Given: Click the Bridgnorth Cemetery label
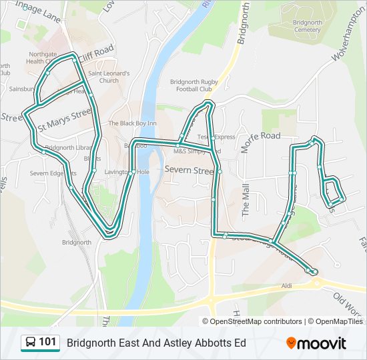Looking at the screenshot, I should tap(307, 25).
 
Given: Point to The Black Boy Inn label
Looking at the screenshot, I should tap(132, 123).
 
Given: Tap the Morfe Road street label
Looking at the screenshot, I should tap(261, 136).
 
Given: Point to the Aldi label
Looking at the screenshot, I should tap(287, 285).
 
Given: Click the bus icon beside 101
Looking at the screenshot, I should tap(30, 343).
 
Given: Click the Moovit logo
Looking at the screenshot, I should tap(316, 343).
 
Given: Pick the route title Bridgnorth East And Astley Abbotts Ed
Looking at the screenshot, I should tap(156, 343).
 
